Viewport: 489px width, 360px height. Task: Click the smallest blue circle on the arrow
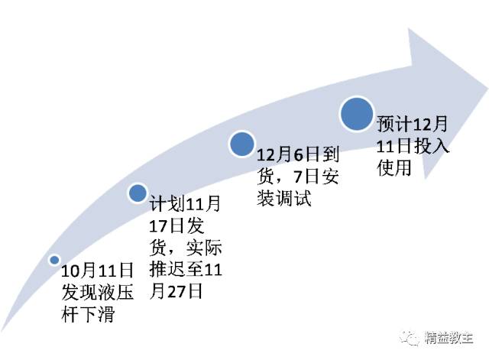[x=54, y=260]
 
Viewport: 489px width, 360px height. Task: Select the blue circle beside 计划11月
[x=138, y=193]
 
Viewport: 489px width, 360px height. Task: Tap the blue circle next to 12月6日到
[x=241, y=143]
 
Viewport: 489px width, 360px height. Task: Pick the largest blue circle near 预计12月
[x=356, y=115]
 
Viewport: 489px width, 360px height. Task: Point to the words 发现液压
[x=98, y=293]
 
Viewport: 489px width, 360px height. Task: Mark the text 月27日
[x=175, y=291]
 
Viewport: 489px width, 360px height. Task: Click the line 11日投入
[x=413, y=145]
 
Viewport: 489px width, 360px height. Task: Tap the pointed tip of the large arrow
[x=484, y=73]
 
